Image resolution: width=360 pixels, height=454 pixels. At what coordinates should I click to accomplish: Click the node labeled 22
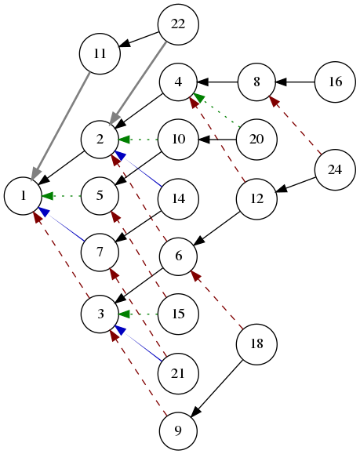coord(178,24)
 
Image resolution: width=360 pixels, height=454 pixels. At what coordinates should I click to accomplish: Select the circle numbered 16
coord(335,82)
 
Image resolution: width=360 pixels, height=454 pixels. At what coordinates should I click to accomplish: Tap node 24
coord(335,169)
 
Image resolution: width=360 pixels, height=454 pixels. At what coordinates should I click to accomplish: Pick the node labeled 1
coord(24,196)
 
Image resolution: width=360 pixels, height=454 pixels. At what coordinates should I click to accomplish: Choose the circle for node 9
coord(178,431)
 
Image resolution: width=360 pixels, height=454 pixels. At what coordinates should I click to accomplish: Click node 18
coord(256,344)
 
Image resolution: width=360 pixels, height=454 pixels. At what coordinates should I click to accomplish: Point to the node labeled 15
coord(178,314)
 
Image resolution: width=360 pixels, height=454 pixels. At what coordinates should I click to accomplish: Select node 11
coord(100,54)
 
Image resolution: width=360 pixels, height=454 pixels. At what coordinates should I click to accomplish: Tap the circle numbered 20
coord(256,140)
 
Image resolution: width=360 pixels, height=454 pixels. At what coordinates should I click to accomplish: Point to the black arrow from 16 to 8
coord(295,82)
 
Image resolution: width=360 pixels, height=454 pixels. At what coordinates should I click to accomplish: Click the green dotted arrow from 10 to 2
coord(138,140)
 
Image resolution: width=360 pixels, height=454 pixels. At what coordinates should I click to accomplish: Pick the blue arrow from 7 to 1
coord(61,224)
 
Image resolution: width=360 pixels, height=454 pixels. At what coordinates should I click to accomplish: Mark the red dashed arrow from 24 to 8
coord(296,125)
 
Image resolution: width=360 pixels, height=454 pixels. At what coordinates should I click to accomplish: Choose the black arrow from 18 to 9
coord(216,389)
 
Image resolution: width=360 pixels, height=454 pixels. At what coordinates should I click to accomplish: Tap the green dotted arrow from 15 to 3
coord(138,314)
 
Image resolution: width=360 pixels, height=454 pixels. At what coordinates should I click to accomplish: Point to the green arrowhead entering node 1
coord(48,196)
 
